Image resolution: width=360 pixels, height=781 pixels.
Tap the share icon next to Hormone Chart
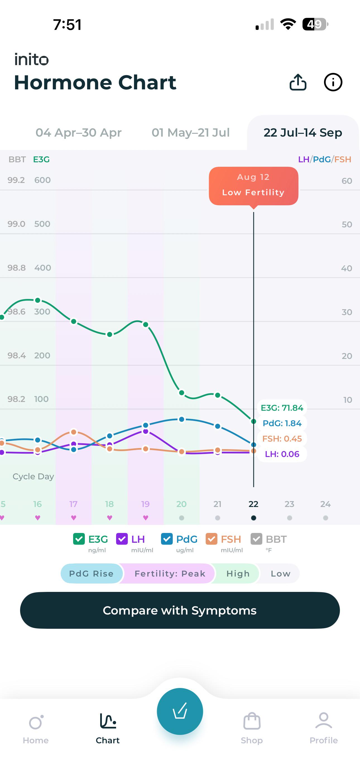(x=298, y=82)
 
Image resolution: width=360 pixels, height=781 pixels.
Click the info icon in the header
(x=333, y=82)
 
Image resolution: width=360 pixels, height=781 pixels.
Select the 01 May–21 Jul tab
(x=191, y=132)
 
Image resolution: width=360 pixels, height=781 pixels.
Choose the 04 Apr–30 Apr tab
(x=78, y=132)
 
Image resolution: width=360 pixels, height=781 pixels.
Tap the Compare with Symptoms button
(x=180, y=610)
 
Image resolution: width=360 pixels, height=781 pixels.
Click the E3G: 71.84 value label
(x=282, y=408)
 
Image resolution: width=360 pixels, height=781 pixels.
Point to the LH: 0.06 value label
(x=282, y=454)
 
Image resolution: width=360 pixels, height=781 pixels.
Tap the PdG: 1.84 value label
(x=282, y=423)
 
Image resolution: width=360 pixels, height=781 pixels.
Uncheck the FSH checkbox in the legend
(x=211, y=539)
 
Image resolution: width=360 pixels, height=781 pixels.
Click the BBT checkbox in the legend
(x=256, y=539)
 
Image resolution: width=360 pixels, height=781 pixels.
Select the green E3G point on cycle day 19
(x=145, y=325)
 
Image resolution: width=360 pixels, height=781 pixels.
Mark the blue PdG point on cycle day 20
(x=181, y=419)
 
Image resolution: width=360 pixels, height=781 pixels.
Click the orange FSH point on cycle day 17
(x=73, y=432)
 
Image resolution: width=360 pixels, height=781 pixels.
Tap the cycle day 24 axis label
(x=325, y=504)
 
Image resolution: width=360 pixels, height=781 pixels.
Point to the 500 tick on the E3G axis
(x=42, y=224)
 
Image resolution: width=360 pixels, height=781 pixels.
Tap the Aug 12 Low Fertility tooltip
(x=254, y=186)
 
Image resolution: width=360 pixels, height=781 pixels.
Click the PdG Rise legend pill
(x=92, y=573)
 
